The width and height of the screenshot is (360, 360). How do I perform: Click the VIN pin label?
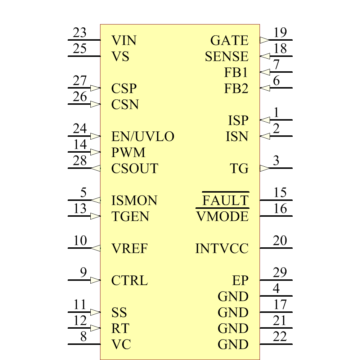124,40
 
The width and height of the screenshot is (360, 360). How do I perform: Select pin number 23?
80,33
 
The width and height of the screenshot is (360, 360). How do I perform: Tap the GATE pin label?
229,40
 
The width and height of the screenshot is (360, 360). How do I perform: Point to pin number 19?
280,33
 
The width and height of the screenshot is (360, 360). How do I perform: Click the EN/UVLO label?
143,136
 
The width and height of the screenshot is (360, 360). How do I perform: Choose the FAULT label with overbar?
226,201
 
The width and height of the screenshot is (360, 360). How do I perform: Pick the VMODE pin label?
222,217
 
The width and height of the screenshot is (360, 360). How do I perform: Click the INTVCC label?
222,248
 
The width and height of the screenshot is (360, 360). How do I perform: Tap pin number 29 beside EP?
280,273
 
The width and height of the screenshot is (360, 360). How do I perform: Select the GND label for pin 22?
233,345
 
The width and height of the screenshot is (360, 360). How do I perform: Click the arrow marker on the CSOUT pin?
96,168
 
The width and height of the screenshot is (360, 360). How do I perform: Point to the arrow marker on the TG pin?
264,168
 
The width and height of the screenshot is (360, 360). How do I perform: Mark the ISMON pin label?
134,201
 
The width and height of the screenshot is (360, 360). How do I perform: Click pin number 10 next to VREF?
80,241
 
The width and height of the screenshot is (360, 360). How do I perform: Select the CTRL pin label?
130,280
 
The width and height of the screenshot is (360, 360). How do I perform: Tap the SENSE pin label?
226,57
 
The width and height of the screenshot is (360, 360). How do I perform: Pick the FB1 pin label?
236,73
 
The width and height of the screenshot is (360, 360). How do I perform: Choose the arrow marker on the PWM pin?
95,152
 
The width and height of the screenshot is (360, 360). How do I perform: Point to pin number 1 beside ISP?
276,113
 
